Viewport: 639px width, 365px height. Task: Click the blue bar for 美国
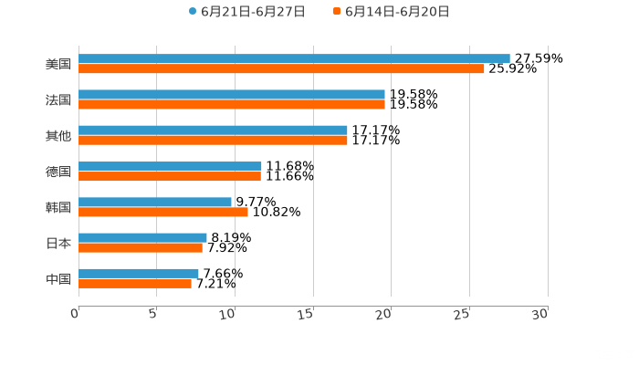click(x=294, y=58)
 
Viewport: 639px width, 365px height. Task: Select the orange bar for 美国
click(x=281, y=68)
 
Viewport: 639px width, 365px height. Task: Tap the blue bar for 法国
click(x=232, y=94)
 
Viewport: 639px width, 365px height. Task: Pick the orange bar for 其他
click(x=213, y=140)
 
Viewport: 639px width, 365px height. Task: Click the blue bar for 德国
click(x=170, y=166)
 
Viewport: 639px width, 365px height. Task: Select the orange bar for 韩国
click(x=163, y=212)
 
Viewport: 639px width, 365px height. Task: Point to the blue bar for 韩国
click(x=155, y=202)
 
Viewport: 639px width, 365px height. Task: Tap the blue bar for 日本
click(x=142, y=237)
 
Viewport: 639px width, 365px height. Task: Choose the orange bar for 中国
click(x=135, y=283)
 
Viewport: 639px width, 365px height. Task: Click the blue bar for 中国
click(x=139, y=273)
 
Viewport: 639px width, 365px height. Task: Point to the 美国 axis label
click(x=58, y=65)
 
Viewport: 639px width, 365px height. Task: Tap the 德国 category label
click(x=58, y=172)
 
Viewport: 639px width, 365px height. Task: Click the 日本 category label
click(x=58, y=243)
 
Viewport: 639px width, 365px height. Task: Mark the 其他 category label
click(x=58, y=136)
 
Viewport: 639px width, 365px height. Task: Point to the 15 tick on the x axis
click(x=309, y=314)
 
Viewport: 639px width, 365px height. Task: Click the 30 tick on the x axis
click(x=540, y=314)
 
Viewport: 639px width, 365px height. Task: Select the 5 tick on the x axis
click(x=153, y=314)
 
